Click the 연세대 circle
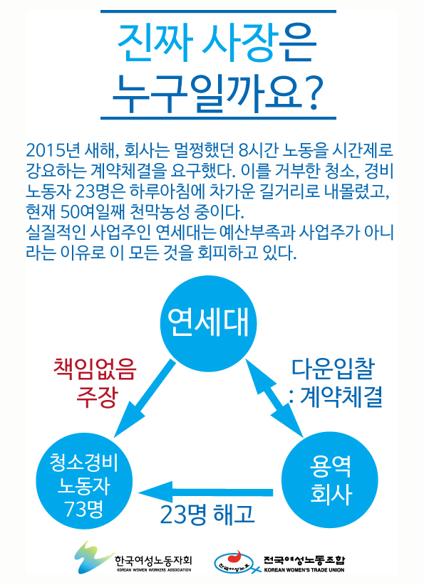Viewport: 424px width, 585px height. pos(209,324)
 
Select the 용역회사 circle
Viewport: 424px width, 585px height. pos(329,480)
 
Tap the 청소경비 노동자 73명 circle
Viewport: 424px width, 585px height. pos(84,480)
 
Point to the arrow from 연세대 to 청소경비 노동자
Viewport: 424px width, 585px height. pos(145,398)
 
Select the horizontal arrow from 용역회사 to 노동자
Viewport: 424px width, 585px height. pos(205,492)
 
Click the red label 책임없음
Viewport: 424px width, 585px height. pos(95,369)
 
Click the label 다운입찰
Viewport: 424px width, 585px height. pos(333,369)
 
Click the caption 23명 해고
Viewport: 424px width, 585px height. pos(207,514)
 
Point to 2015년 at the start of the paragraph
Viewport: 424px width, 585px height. pos(53,150)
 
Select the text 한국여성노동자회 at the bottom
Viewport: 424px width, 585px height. pos(153,560)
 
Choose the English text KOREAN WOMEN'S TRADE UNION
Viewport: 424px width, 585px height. pos(304,570)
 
